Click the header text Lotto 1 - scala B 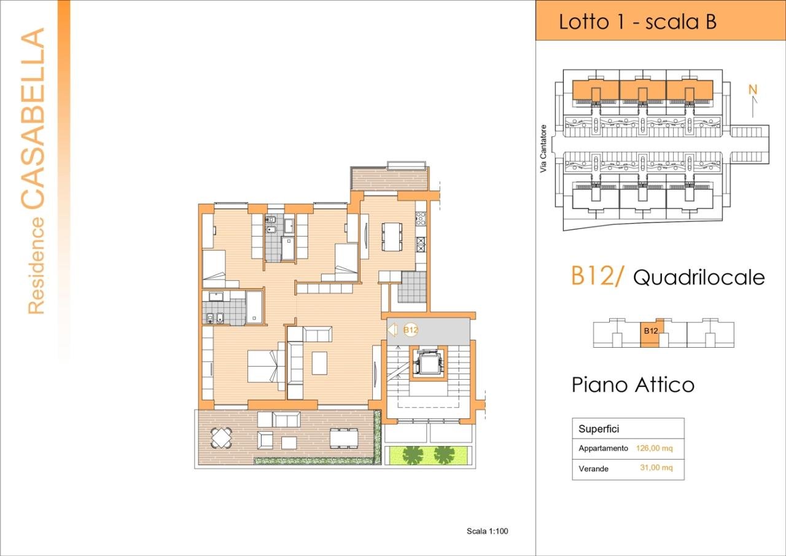pos(637,22)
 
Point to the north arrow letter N pos(752,90)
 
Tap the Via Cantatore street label pos(543,149)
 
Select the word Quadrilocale pos(699,278)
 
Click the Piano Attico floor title pos(632,385)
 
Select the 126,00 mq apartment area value pos(654,448)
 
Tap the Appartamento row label pos(603,448)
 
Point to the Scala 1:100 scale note pos(488,531)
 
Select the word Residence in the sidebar pos(37,265)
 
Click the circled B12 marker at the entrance pos(411,330)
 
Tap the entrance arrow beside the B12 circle pos(393,330)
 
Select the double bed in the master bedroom pos(265,366)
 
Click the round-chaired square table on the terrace pos(220,437)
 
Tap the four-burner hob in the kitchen pos(421,219)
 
